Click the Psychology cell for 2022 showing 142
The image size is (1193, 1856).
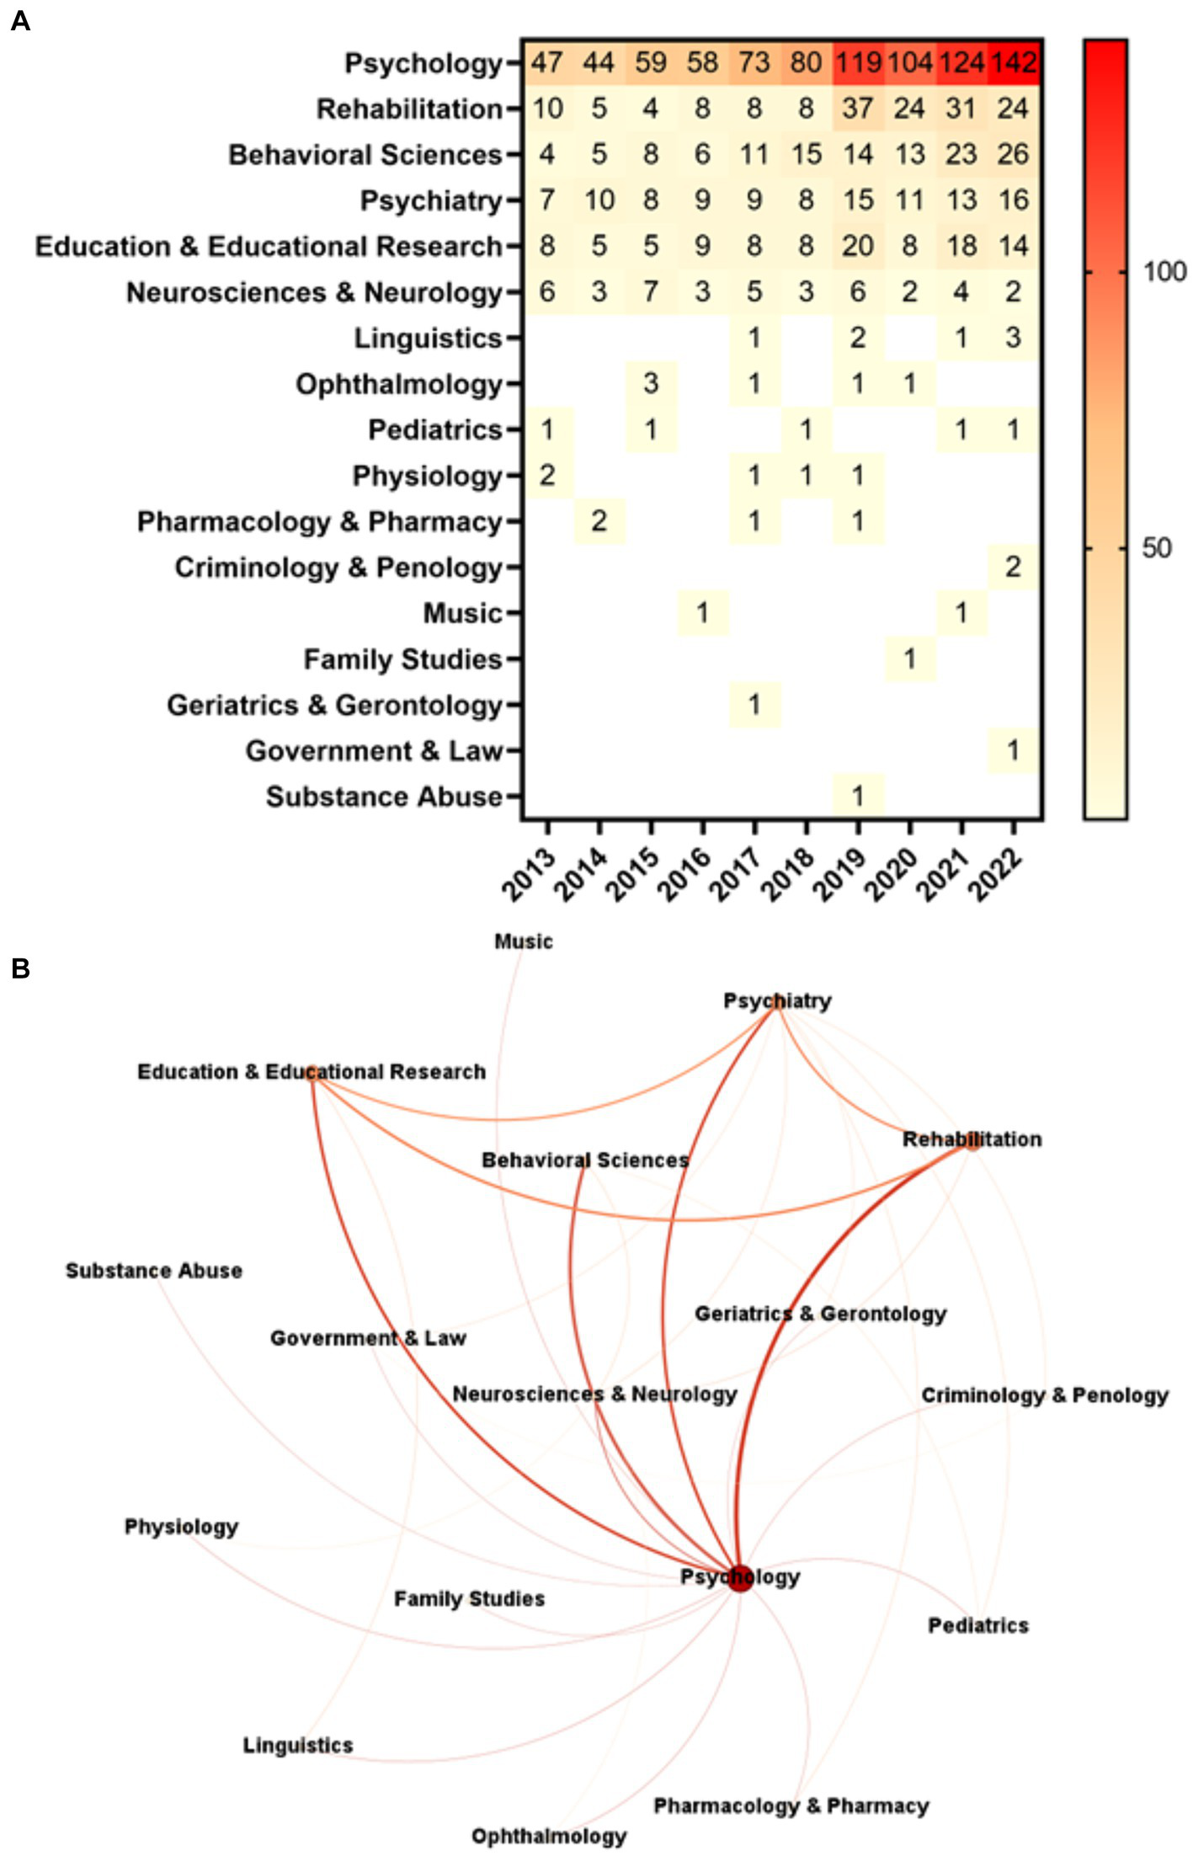[1013, 62]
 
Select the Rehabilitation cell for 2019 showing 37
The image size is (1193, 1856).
[858, 109]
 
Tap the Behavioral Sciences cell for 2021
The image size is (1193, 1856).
[961, 154]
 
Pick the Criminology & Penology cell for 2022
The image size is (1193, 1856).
[1013, 567]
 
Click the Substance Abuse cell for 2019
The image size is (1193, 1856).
[858, 796]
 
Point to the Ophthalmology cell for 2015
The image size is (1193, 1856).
[651, 384]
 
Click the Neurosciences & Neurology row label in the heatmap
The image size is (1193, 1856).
[314, 292]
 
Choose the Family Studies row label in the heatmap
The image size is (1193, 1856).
[402, 659]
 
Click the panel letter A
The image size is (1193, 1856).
[20, 21]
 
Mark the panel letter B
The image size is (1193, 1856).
[20, 969]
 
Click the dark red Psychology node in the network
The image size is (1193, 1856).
[740, 1576]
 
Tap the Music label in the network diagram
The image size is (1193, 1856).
[523, 941]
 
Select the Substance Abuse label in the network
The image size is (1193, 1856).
[154, 1271]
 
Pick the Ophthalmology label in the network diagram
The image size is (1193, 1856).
[548, 1836]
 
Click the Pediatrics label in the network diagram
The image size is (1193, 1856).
[977, 1625]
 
